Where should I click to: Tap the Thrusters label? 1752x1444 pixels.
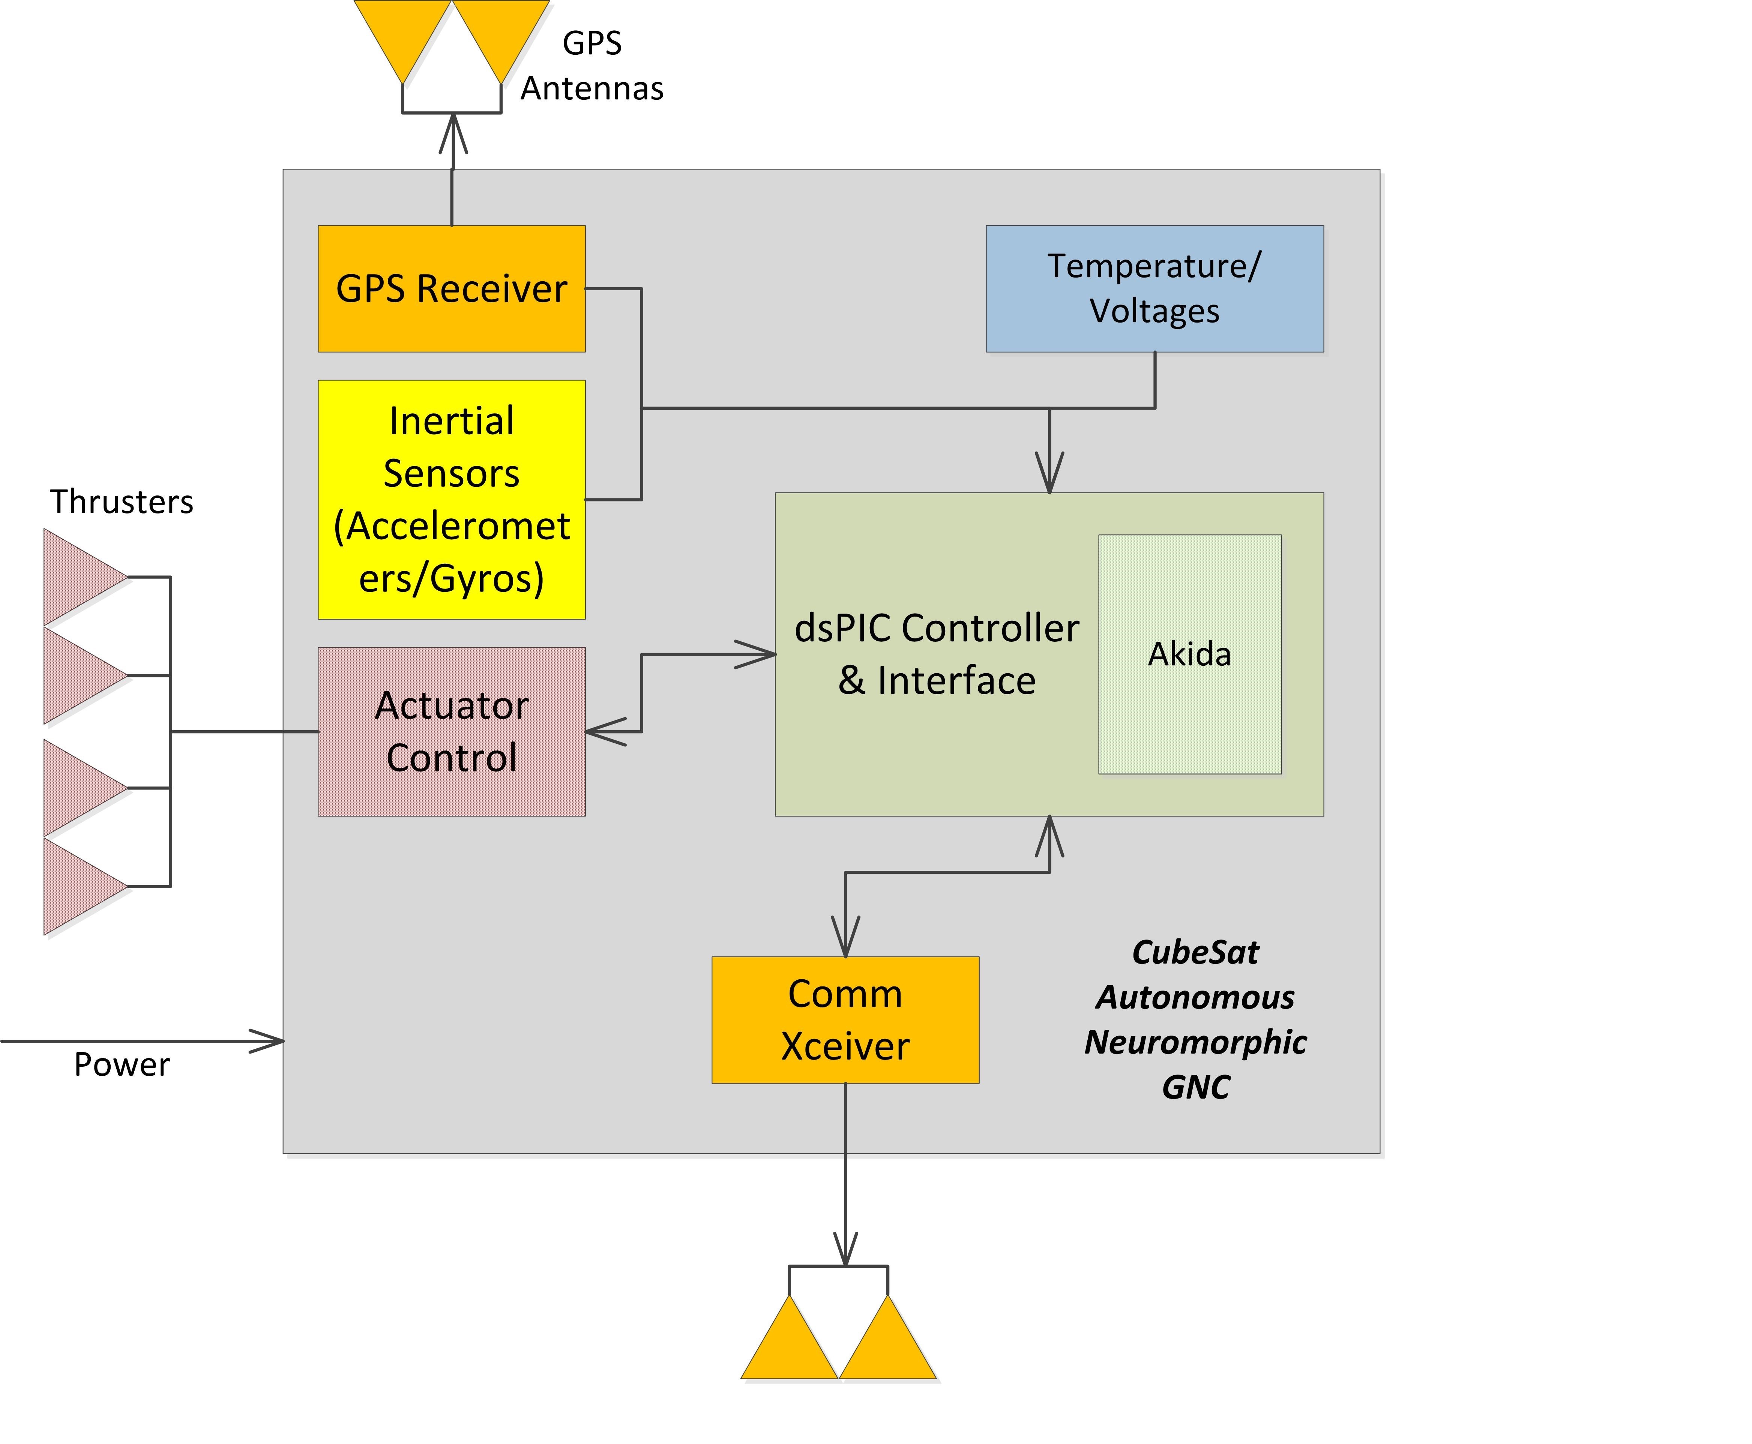click(x=122, y=501)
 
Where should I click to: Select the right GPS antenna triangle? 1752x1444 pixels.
click(x=501, y=33)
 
